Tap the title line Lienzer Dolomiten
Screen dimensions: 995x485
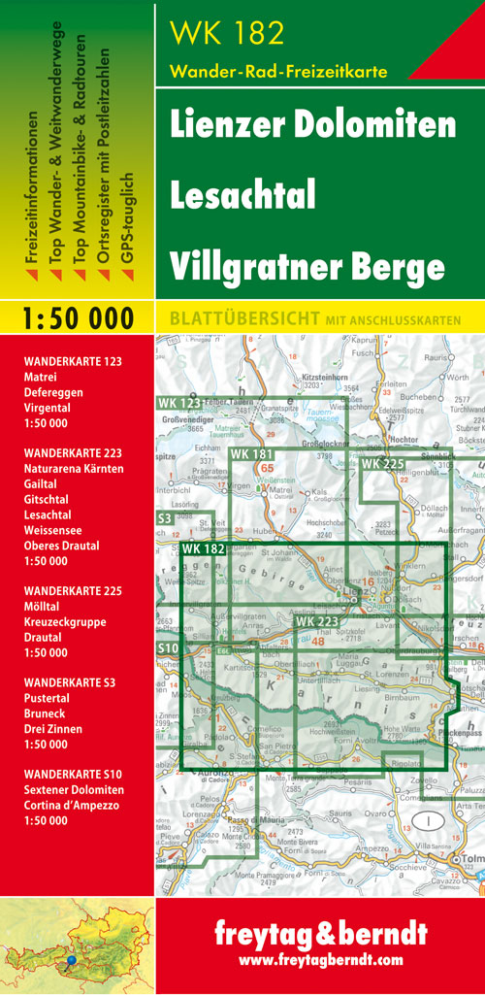(x=312, y=124)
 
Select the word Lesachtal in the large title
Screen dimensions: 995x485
(x=242, y=194)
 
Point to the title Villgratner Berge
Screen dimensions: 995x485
(x=307, y=264)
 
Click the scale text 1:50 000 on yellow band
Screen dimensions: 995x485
(x=77, y=317)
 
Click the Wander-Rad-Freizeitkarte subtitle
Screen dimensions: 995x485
(x=278, y=71)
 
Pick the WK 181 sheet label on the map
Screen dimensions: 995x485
(x=252, y=454)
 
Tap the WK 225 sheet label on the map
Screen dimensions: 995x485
(x=382, y=464)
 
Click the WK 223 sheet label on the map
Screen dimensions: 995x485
(x=317, y=621)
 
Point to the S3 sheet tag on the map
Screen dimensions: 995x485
(x=165, y=520)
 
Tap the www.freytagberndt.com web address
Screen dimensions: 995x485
(x=320, y=961)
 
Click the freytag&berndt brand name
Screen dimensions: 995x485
(x=320, y=935)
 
